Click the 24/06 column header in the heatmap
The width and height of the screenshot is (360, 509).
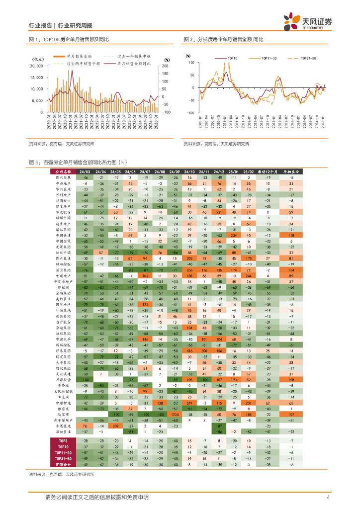point(131,171)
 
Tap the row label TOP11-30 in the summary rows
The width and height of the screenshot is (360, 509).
point(63,453)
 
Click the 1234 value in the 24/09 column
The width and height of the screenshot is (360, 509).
point(175,414)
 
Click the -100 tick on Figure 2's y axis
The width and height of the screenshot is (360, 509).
point(190,113)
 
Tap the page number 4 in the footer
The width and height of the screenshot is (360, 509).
point(328,497)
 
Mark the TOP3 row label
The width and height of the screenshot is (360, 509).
point(63,441)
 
